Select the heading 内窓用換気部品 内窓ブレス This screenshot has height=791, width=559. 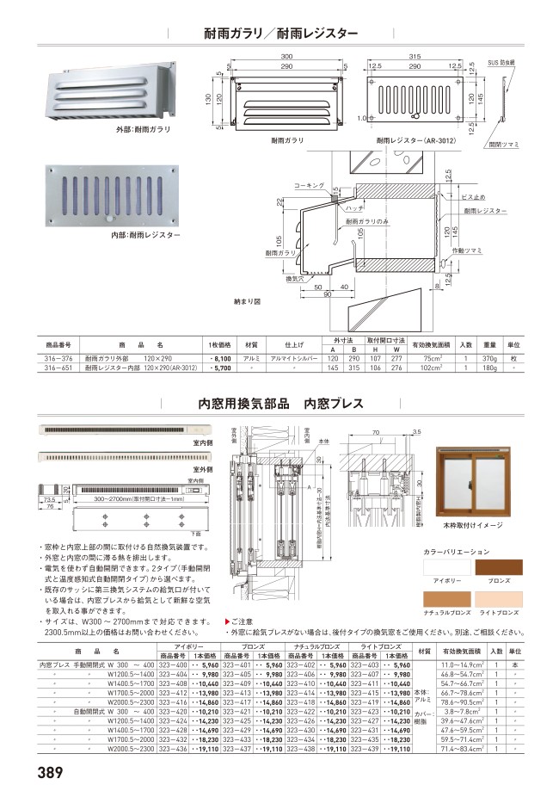click(280, 403)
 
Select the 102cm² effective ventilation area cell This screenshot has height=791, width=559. click(433, 368)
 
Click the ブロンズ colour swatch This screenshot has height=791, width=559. click(499, 569)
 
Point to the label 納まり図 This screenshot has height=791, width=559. click(246, 303)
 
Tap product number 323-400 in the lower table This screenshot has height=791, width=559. click(174, 665)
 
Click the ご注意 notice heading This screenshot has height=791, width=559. click(240, 620)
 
